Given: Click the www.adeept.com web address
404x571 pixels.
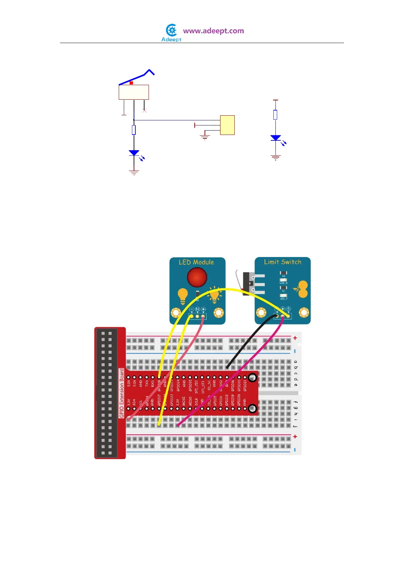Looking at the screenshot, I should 213,31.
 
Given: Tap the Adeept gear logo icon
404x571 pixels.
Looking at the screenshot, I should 172,31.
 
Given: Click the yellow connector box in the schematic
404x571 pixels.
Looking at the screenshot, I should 227,125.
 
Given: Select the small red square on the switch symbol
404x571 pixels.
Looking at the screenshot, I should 131,83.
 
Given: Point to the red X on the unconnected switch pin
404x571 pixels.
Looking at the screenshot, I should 145,111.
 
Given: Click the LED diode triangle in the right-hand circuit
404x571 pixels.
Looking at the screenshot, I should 275,138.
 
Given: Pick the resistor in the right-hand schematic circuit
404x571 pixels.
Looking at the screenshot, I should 275,115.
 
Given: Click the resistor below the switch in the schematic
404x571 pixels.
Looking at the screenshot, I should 134,130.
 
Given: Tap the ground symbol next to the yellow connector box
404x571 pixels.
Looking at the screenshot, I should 205,137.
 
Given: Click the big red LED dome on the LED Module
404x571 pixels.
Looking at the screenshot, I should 197,277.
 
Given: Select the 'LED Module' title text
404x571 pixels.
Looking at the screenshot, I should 196,262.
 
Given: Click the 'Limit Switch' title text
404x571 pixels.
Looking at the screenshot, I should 283,262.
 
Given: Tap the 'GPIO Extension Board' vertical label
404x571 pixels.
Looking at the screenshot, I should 121,393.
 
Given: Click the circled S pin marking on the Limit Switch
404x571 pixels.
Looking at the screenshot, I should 288,309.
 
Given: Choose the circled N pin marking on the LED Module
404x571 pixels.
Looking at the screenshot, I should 197,309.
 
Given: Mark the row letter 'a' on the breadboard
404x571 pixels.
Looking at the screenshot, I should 295,362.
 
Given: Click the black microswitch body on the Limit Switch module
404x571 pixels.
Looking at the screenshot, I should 247,283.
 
